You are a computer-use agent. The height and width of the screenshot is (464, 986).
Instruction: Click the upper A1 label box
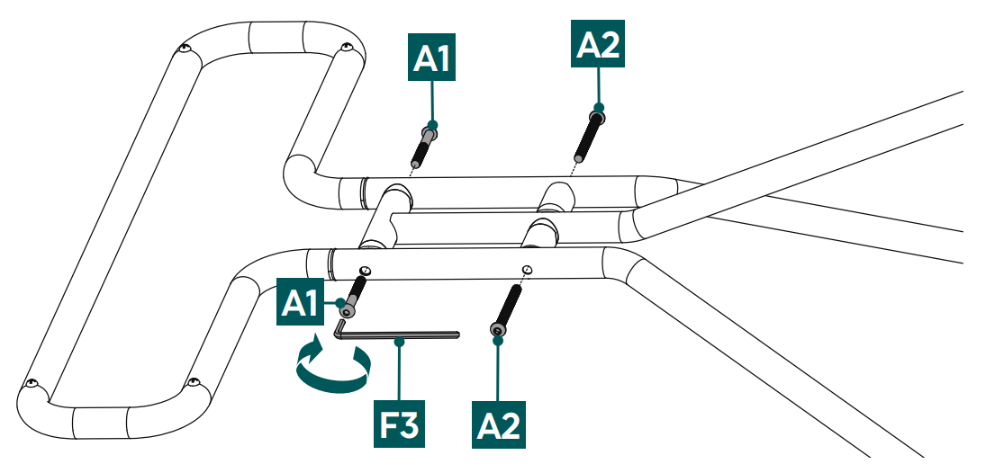[433, 59]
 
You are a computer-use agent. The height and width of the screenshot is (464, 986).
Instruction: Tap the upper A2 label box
[598, 43]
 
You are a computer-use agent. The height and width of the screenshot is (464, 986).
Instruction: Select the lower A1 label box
[302, 302]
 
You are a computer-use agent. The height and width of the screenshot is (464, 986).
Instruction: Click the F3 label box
[400, 422]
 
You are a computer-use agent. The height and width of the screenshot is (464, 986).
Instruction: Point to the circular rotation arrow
[333, 367]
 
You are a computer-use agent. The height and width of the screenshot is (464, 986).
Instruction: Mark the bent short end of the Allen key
[339, 326]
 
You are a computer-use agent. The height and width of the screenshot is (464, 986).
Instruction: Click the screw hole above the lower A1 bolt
[365, 271]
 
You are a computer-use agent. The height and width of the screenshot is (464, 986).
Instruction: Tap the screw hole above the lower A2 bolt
[526, 269]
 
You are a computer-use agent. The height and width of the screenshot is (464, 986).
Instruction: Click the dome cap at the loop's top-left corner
[185, 49]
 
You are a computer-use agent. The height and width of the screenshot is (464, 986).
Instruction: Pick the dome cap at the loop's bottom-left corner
[32, 384]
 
